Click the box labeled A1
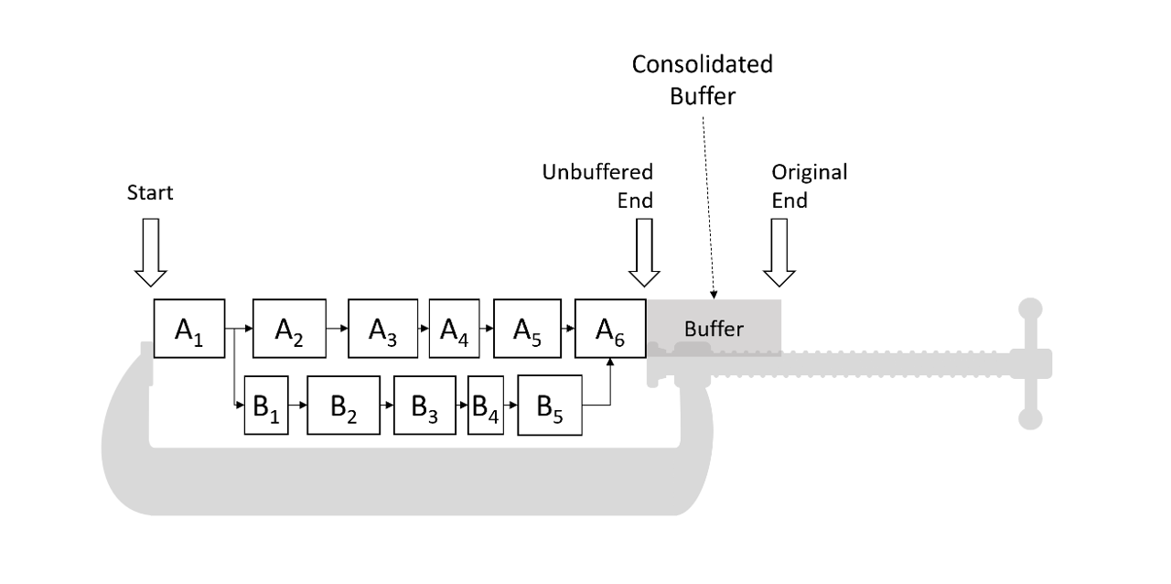(x=189, y=328)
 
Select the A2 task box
(x=289, y=328)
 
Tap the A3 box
(x=382, y=328)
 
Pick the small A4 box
(x=454, y=328)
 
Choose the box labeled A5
(x=527, y=328)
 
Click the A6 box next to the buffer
(x=610, y=328)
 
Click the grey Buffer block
(x=714, y=328)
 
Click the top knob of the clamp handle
(x=1031, y=308)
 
